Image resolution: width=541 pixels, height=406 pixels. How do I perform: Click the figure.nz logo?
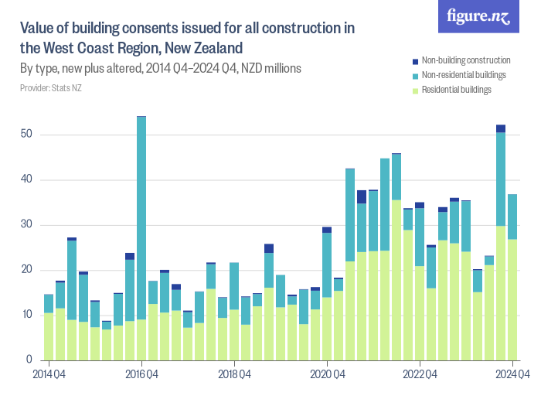478,17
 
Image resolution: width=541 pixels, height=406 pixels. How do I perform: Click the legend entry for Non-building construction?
464,60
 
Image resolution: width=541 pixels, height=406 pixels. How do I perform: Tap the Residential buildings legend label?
456,90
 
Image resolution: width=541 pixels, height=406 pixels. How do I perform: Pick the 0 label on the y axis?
29,360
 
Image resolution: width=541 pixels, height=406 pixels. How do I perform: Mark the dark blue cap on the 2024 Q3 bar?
501,128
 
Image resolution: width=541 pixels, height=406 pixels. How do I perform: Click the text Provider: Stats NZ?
50,89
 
